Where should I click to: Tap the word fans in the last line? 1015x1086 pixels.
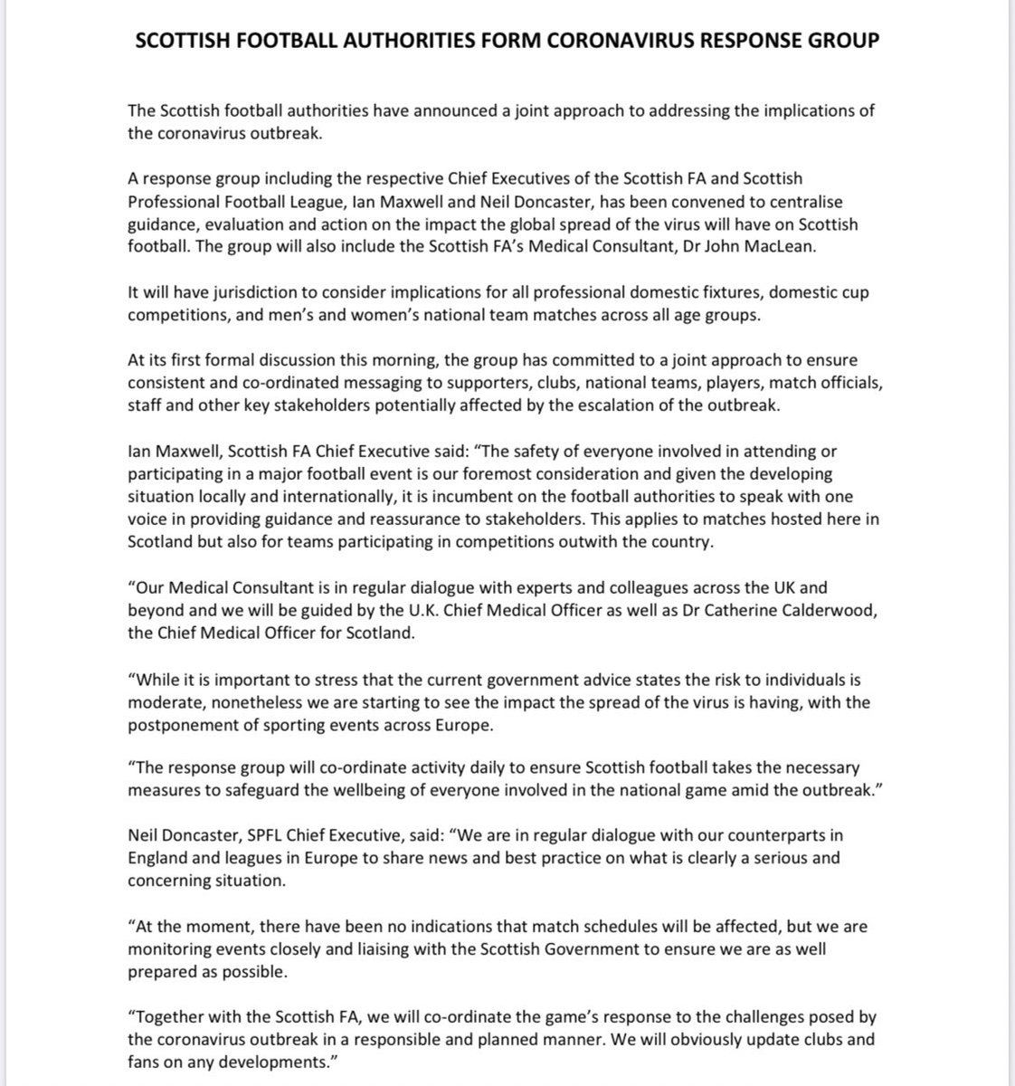click(145, 1062)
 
